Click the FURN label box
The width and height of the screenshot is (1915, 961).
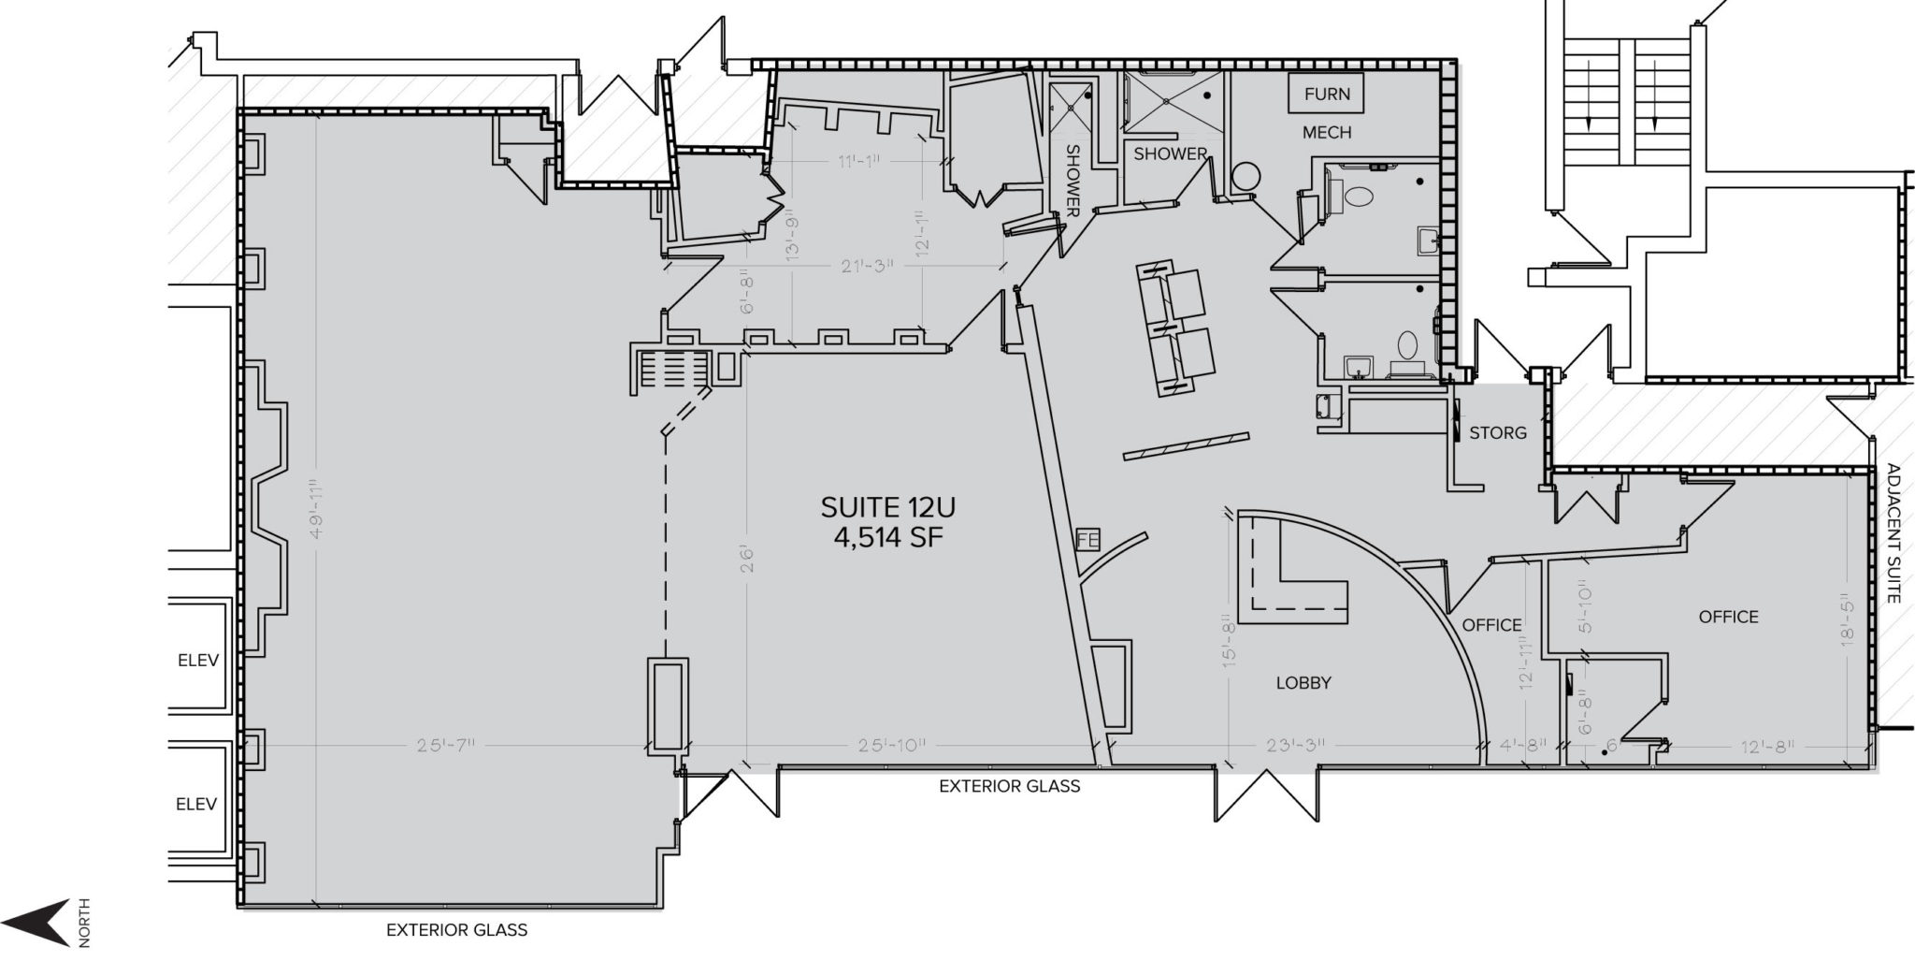(1326, 94)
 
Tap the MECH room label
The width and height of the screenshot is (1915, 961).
(1326, 133)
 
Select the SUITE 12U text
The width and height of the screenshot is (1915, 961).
(887, 507)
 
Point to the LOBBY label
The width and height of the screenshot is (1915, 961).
(1303, 683)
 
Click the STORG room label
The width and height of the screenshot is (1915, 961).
(1497, 433)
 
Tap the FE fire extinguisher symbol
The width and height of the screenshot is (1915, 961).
(1087, 541)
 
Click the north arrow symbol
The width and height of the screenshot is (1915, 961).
(47, 922)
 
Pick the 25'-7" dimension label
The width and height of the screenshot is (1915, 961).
(447, 746)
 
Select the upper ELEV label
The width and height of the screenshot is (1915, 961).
(197, 661)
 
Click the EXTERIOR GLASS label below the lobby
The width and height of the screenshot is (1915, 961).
(1009, 787)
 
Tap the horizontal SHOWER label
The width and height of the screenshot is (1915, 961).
(1170, 153)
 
